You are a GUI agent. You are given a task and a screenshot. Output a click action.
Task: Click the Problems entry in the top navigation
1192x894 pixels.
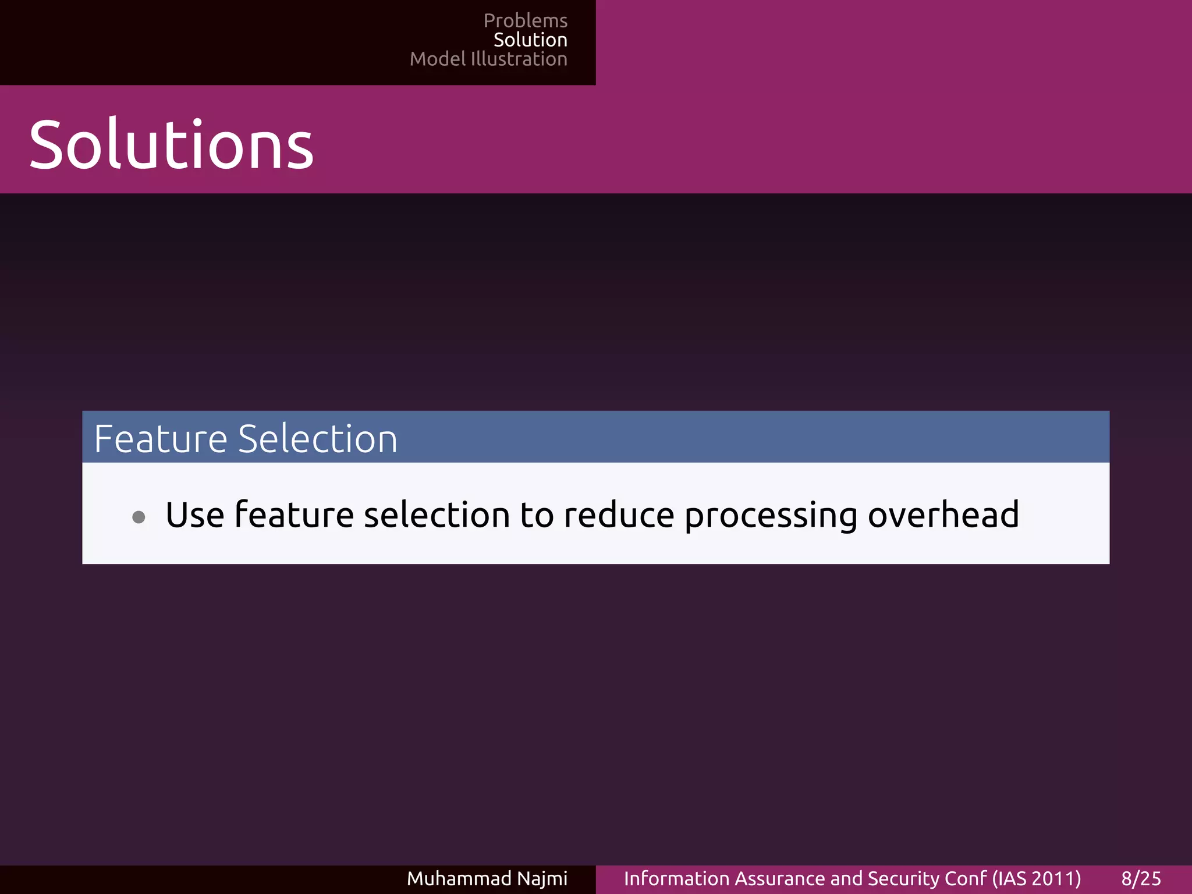(525, 21)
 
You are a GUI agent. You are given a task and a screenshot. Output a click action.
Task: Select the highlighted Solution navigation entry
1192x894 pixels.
(530, 40)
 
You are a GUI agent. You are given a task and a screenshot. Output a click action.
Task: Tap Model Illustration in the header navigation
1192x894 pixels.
(488, 59)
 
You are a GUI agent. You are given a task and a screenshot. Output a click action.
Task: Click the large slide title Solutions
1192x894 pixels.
(171, 144)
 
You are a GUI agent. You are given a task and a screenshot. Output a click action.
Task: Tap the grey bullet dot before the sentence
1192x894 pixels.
(139, 517)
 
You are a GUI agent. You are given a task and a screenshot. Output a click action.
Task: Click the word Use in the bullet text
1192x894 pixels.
(194, 515)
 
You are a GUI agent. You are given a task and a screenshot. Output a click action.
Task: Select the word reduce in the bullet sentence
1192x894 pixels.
(619, 515)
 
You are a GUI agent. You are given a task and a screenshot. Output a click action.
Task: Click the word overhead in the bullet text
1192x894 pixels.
(943, 515)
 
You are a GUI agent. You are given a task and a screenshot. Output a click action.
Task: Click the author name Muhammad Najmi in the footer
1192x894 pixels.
(487, 878)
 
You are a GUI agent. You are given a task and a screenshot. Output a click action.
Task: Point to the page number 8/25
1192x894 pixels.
(1141, 878)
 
